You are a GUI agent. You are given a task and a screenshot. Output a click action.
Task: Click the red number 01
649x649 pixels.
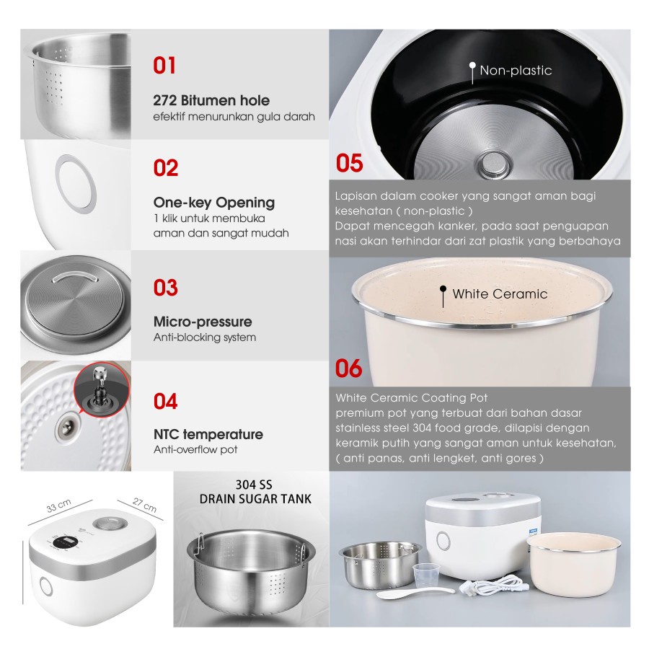click(x=164, y=66)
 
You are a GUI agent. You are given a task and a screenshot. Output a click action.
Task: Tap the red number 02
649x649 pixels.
click(x=166, y=167)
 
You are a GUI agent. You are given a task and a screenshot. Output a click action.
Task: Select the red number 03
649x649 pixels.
click(x=166, y=287)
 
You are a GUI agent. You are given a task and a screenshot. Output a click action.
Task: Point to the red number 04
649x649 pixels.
click(x=166, y=401)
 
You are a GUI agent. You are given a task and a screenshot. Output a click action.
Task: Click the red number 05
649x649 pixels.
click(x=349, y=163)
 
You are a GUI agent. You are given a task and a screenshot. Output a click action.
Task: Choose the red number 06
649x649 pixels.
click(x=348, y=368)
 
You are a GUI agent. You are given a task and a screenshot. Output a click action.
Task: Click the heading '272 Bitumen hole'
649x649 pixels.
click(x=211, y=100)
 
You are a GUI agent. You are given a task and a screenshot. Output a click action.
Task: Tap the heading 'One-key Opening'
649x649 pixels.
click(x=214, y=203)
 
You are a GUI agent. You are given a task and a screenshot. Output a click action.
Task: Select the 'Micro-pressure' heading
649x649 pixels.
click(x=203, y=322)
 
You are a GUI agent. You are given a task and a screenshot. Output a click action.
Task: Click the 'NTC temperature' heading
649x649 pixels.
click(x=208, y=434)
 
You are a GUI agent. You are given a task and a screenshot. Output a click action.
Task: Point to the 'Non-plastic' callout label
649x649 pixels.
click(x=516, y=71)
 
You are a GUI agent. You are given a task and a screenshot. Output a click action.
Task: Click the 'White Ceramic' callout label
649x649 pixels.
click(x=500, y=294)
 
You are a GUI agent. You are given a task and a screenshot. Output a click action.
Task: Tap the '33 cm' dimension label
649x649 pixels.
click(x=59, y=505)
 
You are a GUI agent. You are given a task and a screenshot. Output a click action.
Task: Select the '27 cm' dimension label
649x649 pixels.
click(x=144, y=505)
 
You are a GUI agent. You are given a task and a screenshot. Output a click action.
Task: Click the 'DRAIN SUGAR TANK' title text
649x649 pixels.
click(x=255, y=499)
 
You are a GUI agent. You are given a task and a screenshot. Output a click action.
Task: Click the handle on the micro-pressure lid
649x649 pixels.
click(x=74, y=277)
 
